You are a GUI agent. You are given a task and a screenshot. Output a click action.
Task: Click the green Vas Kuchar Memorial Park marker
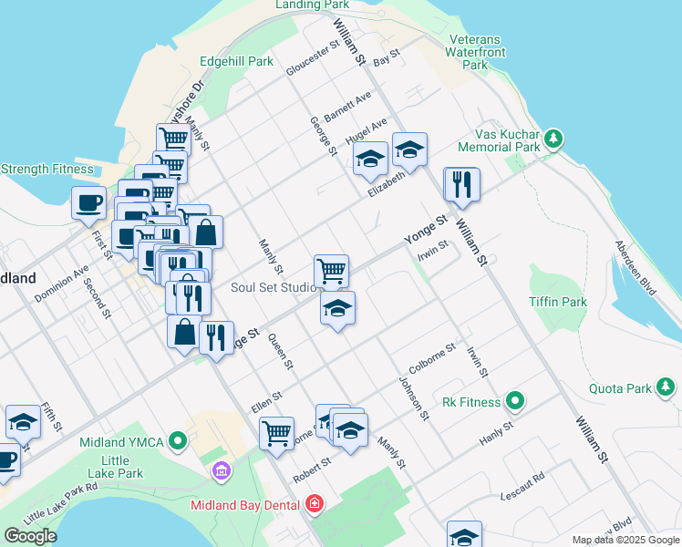(x=553, y=139)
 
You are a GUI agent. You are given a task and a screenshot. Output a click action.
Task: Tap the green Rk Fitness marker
(x=515, y=401)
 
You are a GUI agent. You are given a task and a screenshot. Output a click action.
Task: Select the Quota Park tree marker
(x=666, y=388)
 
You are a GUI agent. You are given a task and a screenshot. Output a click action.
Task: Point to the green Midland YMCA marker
(x=178, y=442)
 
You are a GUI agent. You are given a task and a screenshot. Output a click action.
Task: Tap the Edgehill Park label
(x=236, y=62)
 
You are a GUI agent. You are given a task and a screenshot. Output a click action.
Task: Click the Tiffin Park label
(x=558, y=302)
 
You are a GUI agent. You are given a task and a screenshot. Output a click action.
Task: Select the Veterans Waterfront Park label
(x=474, y=53)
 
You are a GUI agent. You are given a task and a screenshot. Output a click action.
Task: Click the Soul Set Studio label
(x=274, y=287)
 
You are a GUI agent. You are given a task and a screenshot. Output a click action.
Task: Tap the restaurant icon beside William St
(x=461, y=185)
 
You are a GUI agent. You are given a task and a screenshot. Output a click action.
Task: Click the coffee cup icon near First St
(x=89, y=202)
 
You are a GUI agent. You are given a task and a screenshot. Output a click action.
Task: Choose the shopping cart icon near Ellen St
(x=276, y=432)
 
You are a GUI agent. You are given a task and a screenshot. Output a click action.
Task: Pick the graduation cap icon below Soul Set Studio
(x=337, y=309)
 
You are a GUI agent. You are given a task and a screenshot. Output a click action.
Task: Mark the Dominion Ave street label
(x=62, y=284)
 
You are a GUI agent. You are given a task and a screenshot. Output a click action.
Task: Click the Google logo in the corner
(x=30, y=536)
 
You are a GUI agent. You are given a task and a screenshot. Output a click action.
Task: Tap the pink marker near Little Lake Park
(x=220, y=471)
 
